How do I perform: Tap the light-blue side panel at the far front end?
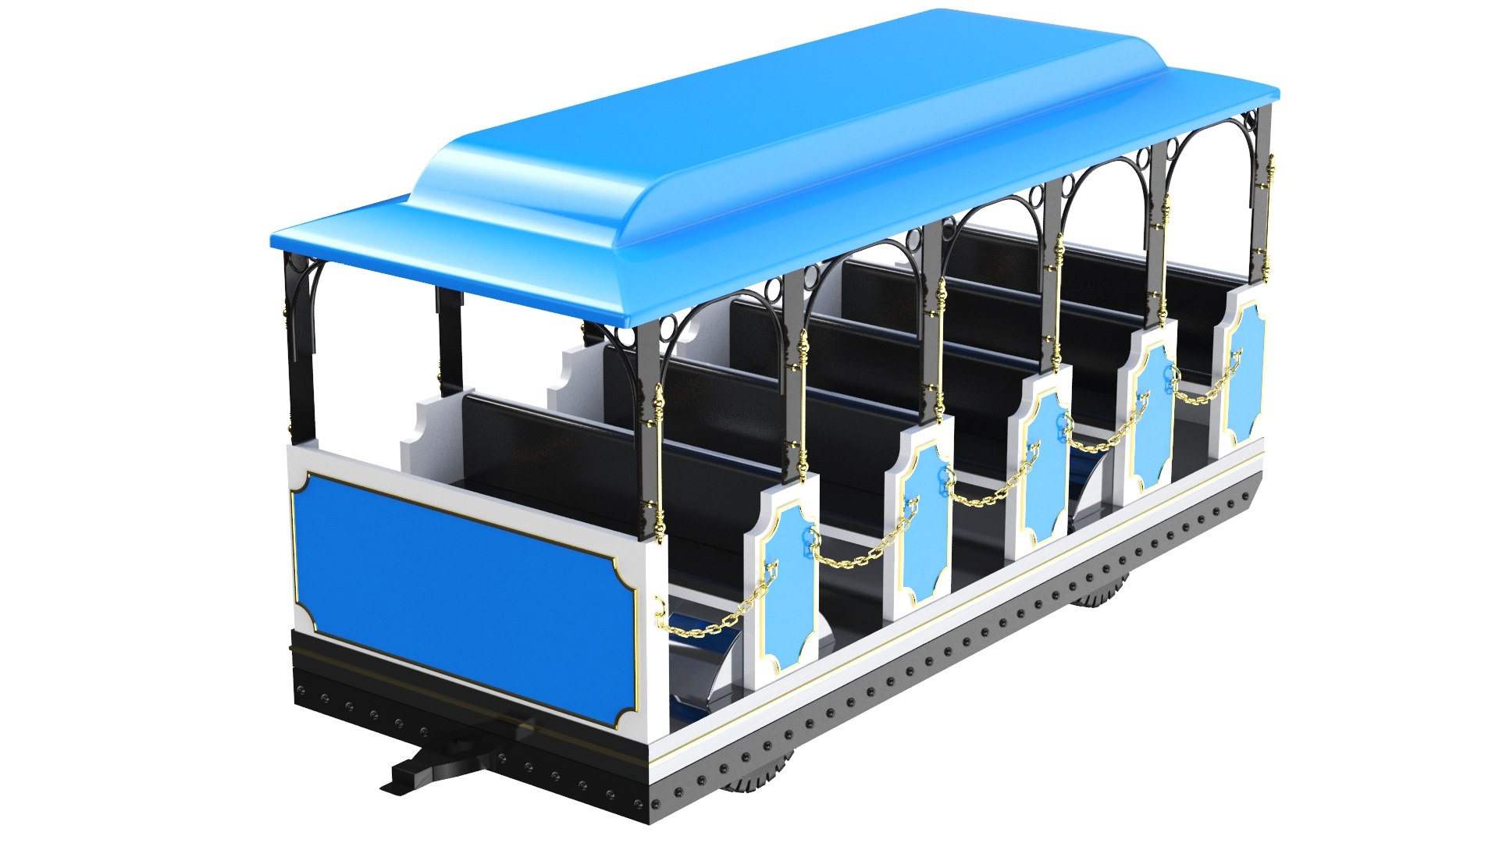click(1244, 375)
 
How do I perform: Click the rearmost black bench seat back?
click(547, 453)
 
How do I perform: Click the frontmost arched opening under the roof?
click(1210, 195)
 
